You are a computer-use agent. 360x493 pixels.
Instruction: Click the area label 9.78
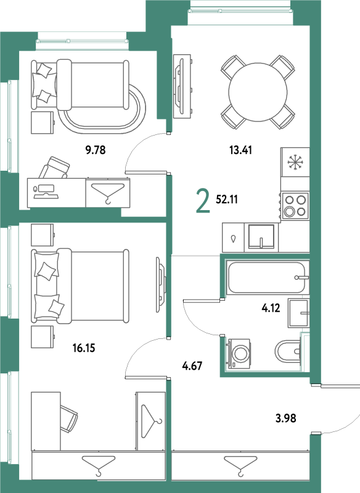pyautogui.click(x=96, y=150)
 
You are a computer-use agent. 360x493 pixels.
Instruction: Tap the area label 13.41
pyautogui.click(x=240, y=150)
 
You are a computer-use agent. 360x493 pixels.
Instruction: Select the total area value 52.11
pyautogui.click(x=227, y=199)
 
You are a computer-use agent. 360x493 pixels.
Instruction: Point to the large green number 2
pyautogui.click(x=203, y=202)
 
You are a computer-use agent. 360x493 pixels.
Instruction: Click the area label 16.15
pyautogui.click(x=84, y=348)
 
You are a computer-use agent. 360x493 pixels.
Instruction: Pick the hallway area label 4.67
pyautogui.click(x=192, y=365)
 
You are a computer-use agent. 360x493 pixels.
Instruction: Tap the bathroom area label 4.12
pyautogui.click(x=271, y=308)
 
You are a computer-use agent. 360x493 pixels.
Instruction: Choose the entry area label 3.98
pyautogui.click(x=286, y=418)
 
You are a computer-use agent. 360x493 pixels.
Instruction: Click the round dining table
pyautogui.click(x=258, y=92)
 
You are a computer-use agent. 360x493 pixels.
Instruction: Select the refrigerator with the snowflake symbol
pyautogui.click(x=295, y=162)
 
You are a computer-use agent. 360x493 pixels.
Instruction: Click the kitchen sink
pyautogui.click(x=261, y=237)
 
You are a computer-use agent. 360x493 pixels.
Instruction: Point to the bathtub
pyautogui.click(x=268, y=277)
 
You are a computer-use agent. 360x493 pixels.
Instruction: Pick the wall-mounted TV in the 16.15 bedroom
pyautogui.click(x=161, y=285)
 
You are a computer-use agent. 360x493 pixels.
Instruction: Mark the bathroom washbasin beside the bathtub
pyautogui.click(x=298, y=313)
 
